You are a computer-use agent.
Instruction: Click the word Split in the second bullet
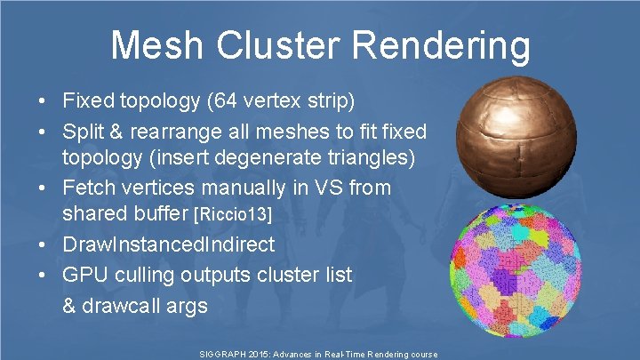tap(82, 132)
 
